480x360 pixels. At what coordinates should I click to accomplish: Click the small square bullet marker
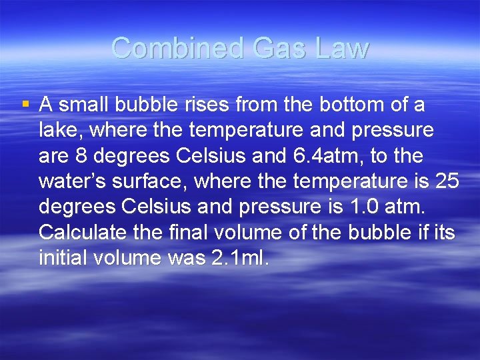25,104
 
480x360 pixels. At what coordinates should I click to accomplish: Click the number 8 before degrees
83,156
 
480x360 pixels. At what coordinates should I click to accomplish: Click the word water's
73,181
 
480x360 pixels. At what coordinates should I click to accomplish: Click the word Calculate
81,232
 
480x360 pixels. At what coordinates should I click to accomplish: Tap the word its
443,232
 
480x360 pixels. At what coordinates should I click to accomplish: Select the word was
187,257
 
